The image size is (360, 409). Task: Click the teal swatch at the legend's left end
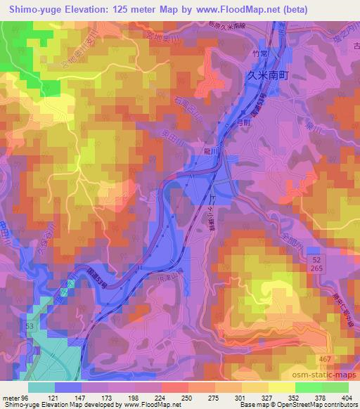[42, 387]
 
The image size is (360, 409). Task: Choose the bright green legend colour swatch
[308, 387]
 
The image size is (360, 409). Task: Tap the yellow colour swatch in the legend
[282, 387]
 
